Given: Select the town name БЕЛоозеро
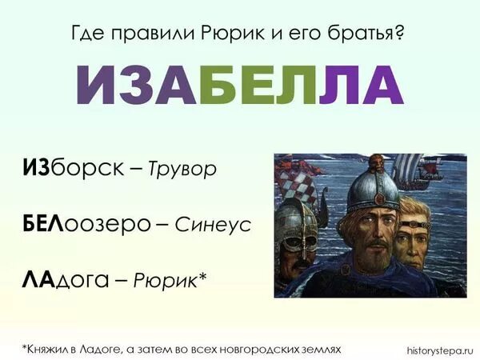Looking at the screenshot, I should [87, 225].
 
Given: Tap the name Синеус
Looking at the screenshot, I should [213, 226].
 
